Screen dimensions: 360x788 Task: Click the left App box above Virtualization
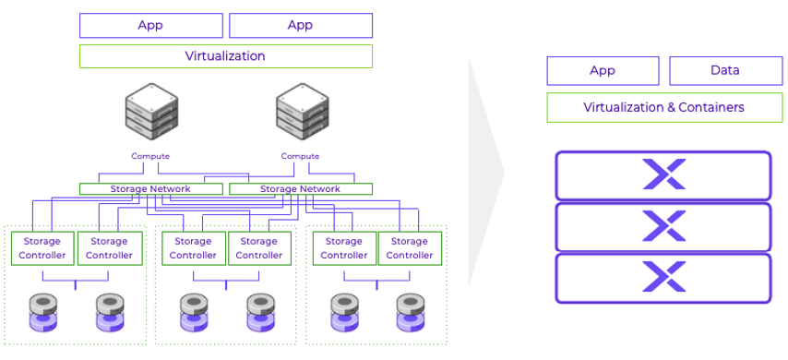point(150,25)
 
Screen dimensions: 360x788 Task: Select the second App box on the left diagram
point(300,25)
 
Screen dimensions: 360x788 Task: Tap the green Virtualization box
point(225,56)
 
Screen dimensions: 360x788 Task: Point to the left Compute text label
point(150,156)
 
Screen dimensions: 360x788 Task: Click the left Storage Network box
point(150,189)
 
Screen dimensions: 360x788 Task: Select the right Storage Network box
point(300,189)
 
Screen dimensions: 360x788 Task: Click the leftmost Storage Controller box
point(42,248)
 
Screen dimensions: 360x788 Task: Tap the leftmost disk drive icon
point(42,313)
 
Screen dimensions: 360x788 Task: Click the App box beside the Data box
point(603,71)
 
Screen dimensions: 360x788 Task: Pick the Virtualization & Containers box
point(663,108)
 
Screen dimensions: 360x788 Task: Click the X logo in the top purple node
point(664,175)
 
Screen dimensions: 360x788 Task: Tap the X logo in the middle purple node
point(664,227)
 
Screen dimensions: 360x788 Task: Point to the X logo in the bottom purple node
point(664,278)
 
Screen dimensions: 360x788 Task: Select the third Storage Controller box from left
point(193,248)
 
